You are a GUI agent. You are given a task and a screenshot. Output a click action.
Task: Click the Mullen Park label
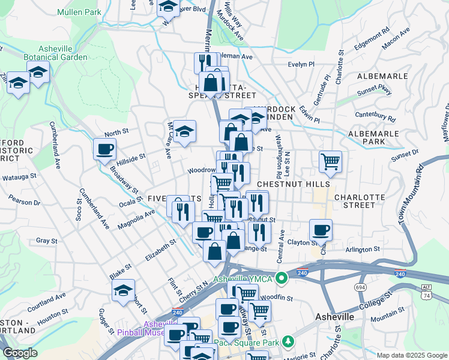(80, 11)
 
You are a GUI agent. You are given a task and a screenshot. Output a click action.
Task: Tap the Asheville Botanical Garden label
(54, 53)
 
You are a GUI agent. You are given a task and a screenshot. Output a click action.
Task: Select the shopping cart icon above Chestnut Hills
(330, 161)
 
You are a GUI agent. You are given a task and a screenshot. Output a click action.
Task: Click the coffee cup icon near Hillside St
(104, 149)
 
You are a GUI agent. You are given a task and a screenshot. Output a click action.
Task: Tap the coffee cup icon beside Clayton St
(321, 230)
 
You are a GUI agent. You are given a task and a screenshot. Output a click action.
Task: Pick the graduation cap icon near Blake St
(124, 290)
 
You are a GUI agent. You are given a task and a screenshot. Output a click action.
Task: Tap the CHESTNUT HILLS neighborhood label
(293, 184)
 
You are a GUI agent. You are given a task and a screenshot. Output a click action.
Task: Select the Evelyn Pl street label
(301, 64)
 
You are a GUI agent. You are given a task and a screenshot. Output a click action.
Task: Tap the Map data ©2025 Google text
(411, 355)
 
